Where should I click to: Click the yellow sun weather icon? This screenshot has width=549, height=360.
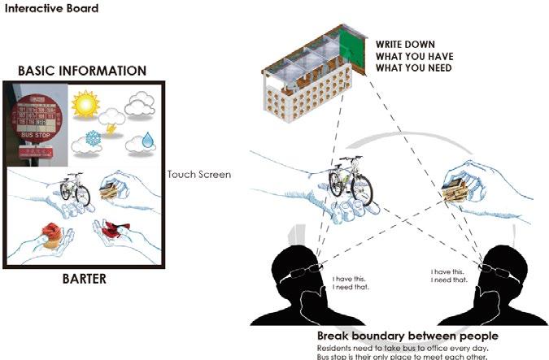point(85,104)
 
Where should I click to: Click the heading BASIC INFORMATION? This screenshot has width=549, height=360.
point(82,71)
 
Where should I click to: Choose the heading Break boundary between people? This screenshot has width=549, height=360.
point(407,336)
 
